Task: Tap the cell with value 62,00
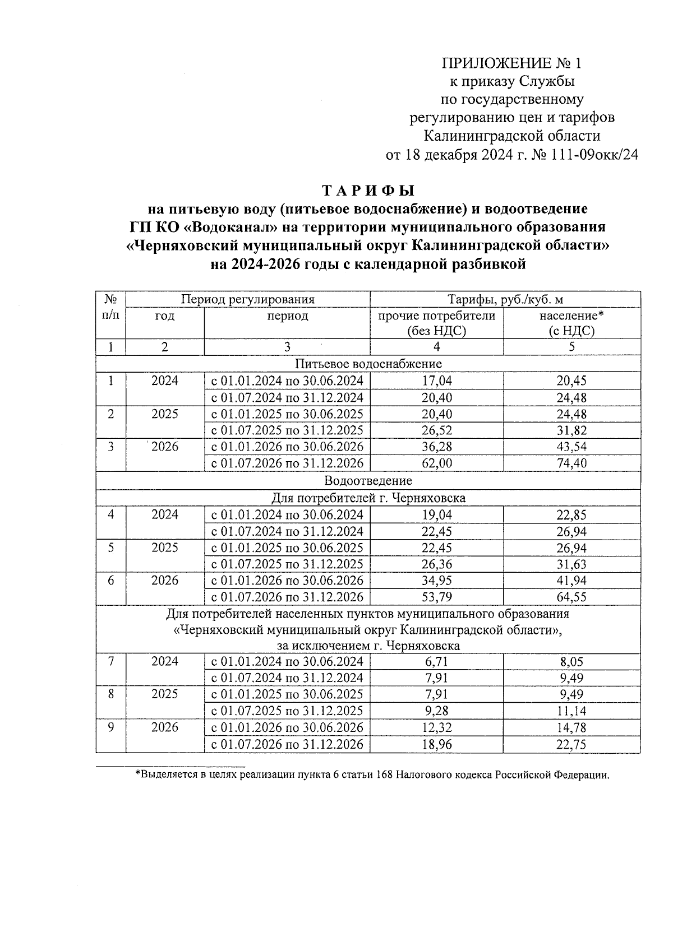[x=436, y=463]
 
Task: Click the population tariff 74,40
[x=571, y=463]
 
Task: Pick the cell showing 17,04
[x=436, y=381]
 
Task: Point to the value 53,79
[x=436, y=597]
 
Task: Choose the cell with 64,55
[x=571, y=597]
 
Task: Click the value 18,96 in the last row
[x=436, y=744]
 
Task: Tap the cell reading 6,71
[x=436, y=662]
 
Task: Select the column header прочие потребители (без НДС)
[x=436, y=323]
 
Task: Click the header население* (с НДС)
[x=571, y=323]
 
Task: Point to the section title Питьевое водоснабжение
[x=368, y=364]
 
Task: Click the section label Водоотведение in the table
[x=368, y=481]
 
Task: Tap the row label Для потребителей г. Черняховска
[x=368, y=498]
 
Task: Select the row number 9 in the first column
[x=111, y=727]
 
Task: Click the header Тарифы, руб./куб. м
[x=505, y=299]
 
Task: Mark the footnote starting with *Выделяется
[x=372, y=776]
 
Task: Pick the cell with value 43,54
[x=571, y=447]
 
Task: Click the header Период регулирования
[x=247, y=299]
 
